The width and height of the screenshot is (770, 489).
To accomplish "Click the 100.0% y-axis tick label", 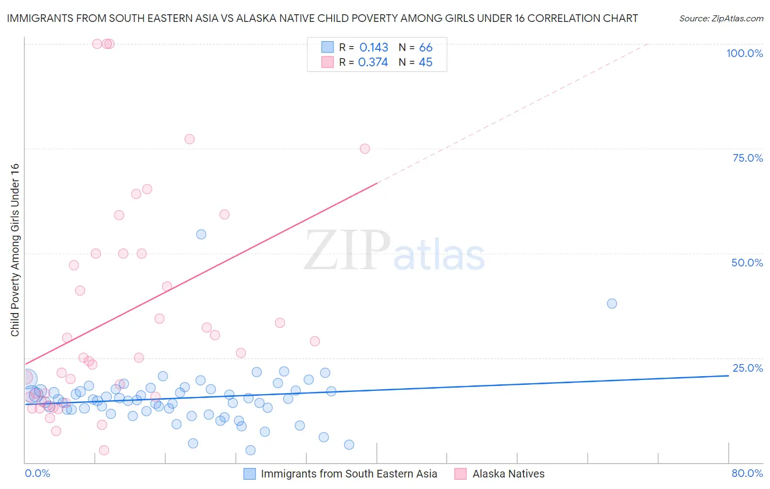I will tap(744, 53).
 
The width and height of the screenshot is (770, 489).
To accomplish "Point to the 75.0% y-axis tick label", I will tap(748, 158).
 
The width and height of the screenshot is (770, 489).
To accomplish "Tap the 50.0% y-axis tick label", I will tap(747, 263).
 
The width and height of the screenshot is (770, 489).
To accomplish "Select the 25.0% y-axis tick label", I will tap(748, 368).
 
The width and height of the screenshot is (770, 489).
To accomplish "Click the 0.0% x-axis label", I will tap(37, 473).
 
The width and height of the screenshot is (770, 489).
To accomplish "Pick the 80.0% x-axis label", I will tap(747, 473).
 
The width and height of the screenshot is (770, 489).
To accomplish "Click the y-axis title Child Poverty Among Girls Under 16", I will tap(15, 250).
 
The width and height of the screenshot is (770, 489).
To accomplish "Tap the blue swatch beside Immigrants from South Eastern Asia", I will tap(250, 474).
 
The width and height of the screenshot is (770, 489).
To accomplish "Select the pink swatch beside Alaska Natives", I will tap(461, 474).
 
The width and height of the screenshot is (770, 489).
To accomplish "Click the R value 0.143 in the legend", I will tap(373, 48).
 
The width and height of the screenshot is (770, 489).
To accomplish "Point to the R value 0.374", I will tap(373, 62).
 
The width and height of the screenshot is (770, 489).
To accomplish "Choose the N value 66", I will tap(426, 48).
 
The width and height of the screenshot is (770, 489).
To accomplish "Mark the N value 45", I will tap(426, 62).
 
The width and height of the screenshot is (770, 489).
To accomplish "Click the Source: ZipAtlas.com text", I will tap(721, 19).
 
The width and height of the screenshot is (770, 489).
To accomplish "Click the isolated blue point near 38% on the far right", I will tap(612, 304).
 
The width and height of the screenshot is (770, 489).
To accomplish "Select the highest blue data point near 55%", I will tap(201, 234).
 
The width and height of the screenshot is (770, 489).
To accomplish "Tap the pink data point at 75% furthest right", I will tap(365, 149).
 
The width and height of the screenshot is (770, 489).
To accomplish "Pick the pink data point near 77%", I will tap(189, 139).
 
